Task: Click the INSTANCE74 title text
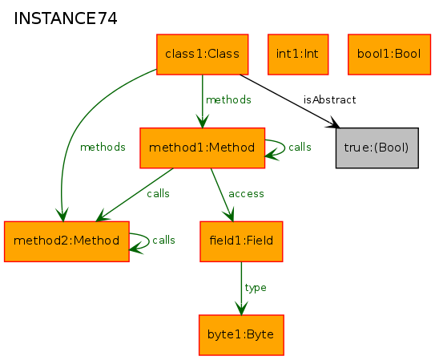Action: tap(66, 18)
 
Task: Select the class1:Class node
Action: tap(202, 55)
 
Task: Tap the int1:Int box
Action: tap(298, 55)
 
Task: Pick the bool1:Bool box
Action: tap(389, 55)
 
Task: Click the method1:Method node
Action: tap(202, 148)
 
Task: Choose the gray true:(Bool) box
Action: tap(377, 148)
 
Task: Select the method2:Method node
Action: tap(66, 241)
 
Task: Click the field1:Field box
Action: tap(241, 241)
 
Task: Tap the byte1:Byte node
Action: tap(241, 335)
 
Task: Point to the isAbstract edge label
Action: tap(329, 99)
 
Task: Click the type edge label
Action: tap(256, 288)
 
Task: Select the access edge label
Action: tap(246, 194)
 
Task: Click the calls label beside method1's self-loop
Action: tap(300, 147)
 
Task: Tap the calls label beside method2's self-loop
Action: tap(163, 240)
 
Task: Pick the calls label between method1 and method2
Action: tap(158, 193)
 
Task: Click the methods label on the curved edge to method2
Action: tap(103, 147)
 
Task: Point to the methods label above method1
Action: tap(228, 99)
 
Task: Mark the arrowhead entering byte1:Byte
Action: tap(241, 309)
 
